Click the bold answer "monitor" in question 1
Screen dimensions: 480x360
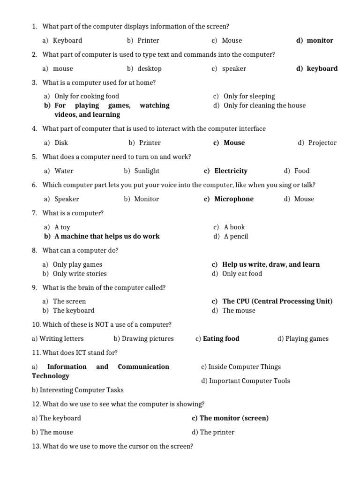coord(320,40)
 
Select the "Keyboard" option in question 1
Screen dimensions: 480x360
coord(67,40)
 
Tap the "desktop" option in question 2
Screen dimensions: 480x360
coord(149,68)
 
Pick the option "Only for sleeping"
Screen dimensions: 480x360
coord(249,96)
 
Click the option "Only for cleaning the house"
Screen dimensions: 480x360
coord(264,105)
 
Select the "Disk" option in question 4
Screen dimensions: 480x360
coord(61,142)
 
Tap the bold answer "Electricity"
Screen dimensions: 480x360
coord(231,171)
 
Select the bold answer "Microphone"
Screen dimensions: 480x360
coord(233,199)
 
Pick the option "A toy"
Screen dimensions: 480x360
coord(62,227)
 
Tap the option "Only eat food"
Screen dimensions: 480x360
coord(242,274)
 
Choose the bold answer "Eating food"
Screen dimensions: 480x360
coord(221,338)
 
